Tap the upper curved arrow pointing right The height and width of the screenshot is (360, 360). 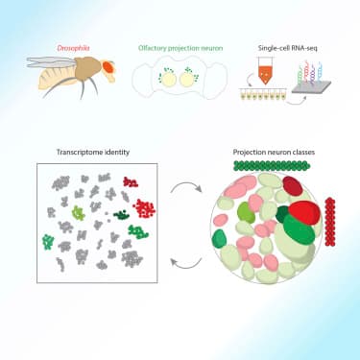click(x=181, y=196)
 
